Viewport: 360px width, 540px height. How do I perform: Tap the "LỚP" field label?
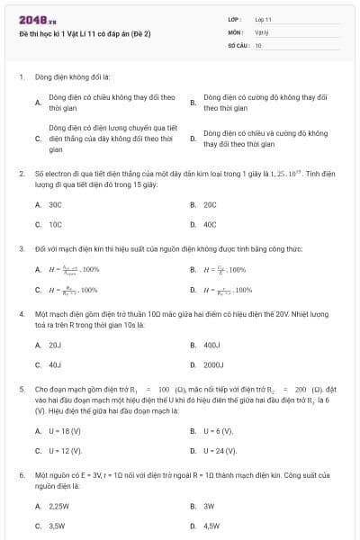(235, 19)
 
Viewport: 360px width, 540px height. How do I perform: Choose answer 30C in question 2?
(55, 204)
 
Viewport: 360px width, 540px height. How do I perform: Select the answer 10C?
(55, 224)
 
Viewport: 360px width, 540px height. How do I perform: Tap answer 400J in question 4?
(212, 345)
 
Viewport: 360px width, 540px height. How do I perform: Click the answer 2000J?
(214, 364)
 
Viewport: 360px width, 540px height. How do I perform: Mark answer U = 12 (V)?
(65, 450)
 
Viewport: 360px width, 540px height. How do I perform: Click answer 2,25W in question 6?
(59, 505)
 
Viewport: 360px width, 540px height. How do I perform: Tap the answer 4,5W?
(212, 525)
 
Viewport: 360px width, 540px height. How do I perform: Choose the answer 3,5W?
(58, 525)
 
